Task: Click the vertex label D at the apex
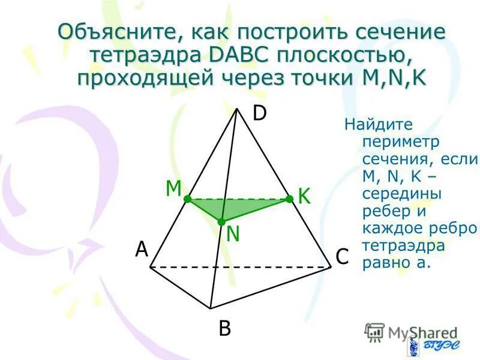click(x=259, y=113)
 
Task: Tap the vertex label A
click(x=141, y=249)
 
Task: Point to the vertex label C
click(x=342, y=257)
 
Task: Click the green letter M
click(x=173, y=188)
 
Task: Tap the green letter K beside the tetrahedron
click(x=304, y=196)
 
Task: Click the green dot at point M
click(x=187, y=198)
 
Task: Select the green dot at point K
click(x=289, y=198)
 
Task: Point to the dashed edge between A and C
click(x=240, y=266)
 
